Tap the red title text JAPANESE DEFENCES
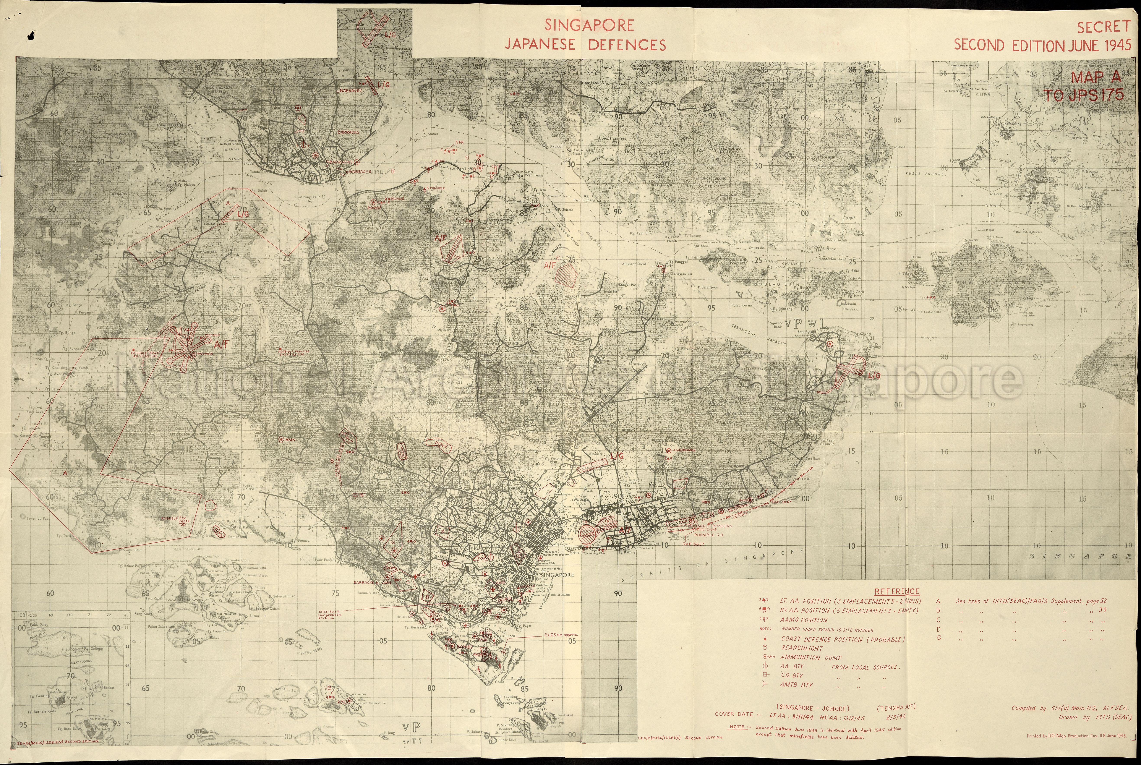pos(585,45)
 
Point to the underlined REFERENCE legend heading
pos(897,591)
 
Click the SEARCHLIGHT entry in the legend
pos(801,648)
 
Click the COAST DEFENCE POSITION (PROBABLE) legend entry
pos(843,639)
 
